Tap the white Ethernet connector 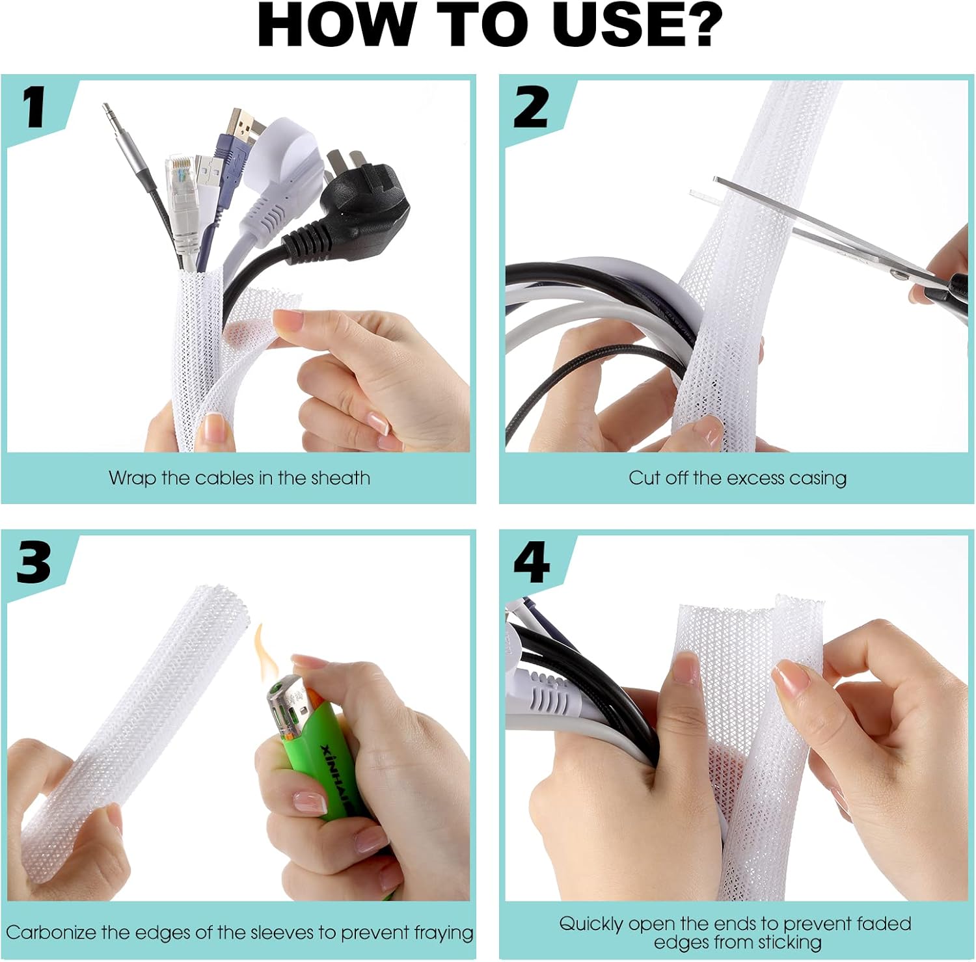pyautogui.click(x=182, y=195)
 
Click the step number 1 pyautogui.click(x=34, y=107)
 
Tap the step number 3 pyautogui.click(x=34, y=562)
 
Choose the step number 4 pyautogui.click(x=532, y=562)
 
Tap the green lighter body pyautogui.click(x=325, y=761)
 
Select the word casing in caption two pyautogui.click(x=817, y=478)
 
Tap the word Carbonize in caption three pyautogui.click(x=51, y=933)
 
